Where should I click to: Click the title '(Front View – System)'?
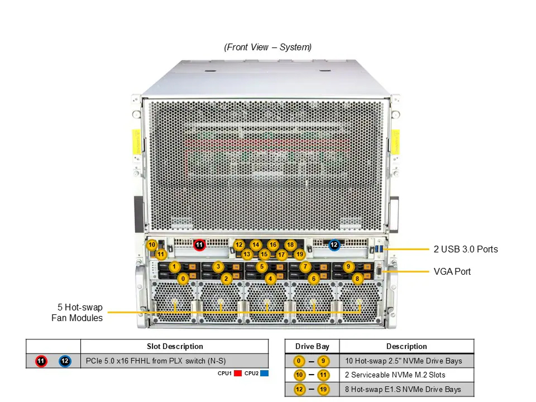tap(267, 47)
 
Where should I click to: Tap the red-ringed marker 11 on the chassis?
tap(199, 245)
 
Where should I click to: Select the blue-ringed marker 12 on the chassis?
tap(334, 245)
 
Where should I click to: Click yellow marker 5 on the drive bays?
tap(262, 267)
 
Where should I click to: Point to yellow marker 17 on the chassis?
tap(281, 255)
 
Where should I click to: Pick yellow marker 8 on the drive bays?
tap(357, 279)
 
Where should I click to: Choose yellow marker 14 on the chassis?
tap(256, 245)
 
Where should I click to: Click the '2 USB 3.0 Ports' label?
tap(466, 249)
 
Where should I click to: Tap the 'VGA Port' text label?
tap(452, 271)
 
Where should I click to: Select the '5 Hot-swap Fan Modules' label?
tap(77, 313)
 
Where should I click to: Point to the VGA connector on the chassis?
tap(379, 271)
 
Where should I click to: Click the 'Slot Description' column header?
tap(175, 346)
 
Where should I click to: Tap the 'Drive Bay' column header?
tap(312, 346)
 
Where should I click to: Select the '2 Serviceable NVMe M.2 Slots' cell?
tap(395, 375)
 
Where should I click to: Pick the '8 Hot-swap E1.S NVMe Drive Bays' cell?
tap(403, 389)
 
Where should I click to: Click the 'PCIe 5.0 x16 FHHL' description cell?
tap(156, 361)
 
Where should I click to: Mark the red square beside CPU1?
tap(238, 374)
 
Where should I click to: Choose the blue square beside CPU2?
tap(264, 374)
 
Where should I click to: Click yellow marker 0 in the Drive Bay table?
tap(299, 361)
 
